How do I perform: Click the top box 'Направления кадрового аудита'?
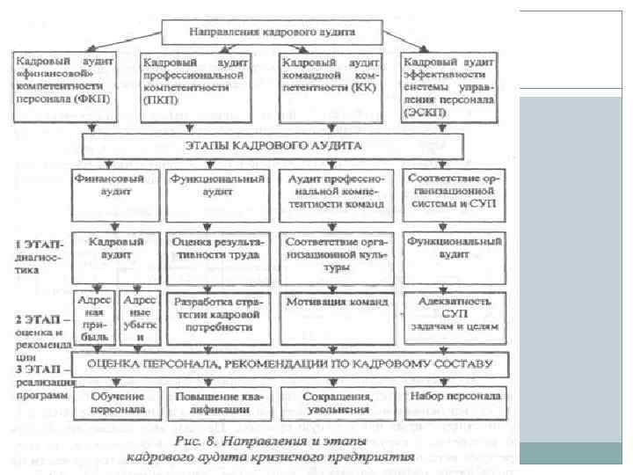click(x=272, y=33)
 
